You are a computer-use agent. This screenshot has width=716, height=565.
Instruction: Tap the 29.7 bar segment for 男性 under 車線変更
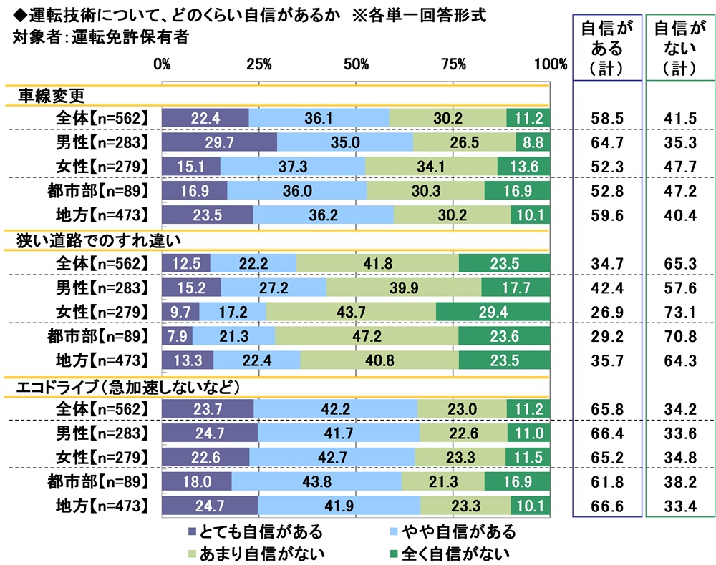pos(219,142)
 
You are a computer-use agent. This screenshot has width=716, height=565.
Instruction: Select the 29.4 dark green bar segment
pos(493,312)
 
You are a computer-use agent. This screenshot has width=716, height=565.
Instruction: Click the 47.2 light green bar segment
pos(367,336)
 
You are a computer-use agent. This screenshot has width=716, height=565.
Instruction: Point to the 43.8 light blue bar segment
pos(316,482)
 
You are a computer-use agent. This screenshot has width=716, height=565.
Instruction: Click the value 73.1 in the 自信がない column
pos(679,312)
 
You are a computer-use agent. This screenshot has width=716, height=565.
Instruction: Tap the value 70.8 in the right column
pos(679,336)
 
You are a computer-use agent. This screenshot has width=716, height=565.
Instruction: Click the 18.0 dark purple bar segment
pos(196,482)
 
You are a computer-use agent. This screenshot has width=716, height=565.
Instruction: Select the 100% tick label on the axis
pos(550,64)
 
